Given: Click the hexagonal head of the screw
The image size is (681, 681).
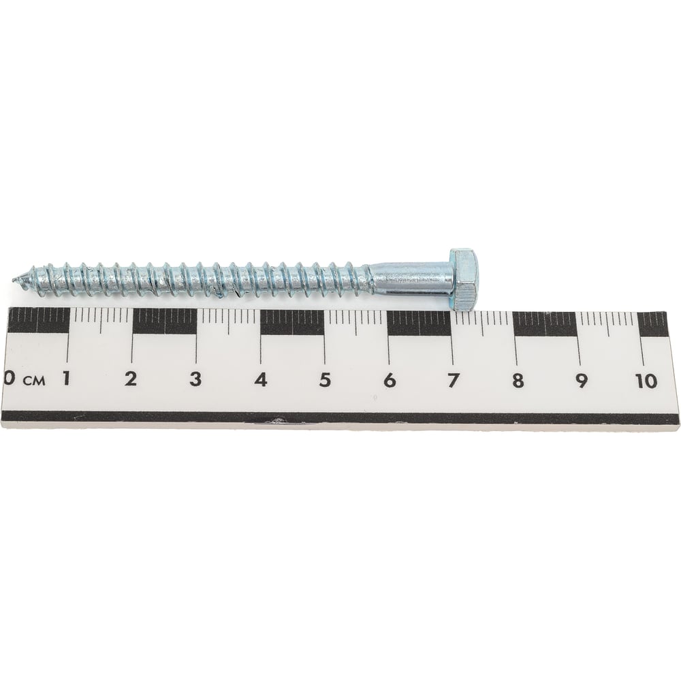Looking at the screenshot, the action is [x=464, y=279].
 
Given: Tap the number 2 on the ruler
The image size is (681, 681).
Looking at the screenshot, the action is [x=130, y=379].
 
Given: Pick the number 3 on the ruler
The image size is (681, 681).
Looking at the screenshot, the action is [x=195, y=379].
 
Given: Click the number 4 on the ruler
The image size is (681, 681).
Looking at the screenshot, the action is [x=261, y=380].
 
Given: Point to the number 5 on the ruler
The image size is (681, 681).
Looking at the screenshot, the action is [x=324, y=380].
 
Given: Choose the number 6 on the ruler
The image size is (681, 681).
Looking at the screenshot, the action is [x=390, y=381].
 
